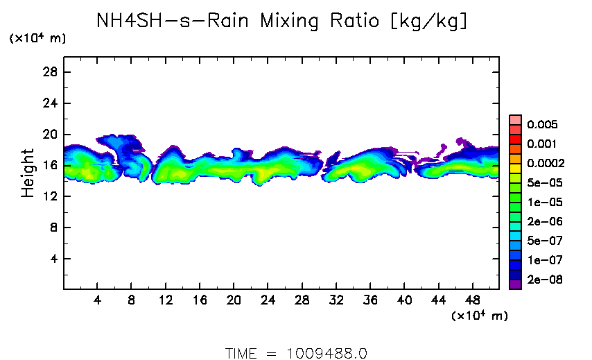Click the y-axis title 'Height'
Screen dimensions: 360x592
click(28, 173)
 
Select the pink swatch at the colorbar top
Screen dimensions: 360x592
click(515, 120)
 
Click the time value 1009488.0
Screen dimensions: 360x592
click(327, 353)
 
